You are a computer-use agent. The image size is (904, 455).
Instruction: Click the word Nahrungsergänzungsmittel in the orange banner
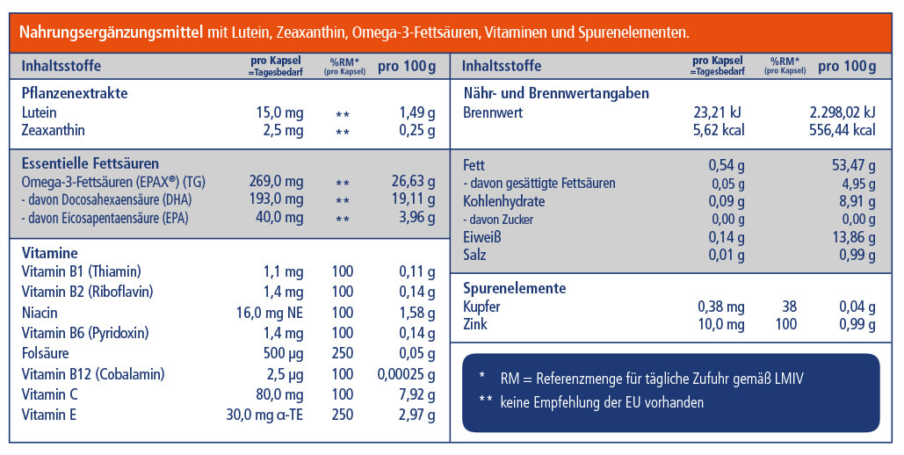(112, 32)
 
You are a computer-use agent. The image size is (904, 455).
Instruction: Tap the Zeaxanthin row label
(53, 131)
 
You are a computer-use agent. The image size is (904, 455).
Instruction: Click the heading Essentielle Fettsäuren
(90, 163)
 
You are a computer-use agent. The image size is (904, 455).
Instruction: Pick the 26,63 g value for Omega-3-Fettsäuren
(413, 182)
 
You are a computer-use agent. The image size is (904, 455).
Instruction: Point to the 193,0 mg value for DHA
(277, 199)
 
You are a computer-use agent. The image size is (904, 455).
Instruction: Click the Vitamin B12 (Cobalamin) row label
(90, 374)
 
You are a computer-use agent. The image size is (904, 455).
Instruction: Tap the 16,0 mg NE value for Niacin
(269, 314)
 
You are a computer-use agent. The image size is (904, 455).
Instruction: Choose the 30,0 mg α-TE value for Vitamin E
(265, 415)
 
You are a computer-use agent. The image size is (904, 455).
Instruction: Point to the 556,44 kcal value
(842, 130)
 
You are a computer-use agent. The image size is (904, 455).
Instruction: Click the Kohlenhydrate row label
(503, 201)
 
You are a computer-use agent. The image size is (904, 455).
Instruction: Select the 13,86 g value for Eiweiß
(853, 237)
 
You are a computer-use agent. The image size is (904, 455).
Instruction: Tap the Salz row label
(474, 255)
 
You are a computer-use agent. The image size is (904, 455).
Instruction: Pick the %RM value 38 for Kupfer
(788, 307)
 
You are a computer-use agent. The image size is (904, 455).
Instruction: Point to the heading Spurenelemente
(514, 288)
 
